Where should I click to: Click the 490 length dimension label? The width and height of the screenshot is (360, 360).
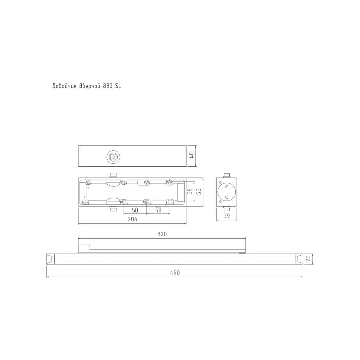[x=175, y=273]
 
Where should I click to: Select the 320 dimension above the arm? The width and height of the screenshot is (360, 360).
[x=162, y=234]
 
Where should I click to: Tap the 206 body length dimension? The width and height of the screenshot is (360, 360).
[x=132, y=219]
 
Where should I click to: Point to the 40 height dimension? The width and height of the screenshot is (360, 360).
[x=192, y=155]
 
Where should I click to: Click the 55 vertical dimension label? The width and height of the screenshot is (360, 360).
[x=199, y=191]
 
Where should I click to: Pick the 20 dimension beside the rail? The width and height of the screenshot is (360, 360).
[x=309, y=258]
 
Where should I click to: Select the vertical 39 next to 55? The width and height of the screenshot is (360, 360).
[x=190, y=191]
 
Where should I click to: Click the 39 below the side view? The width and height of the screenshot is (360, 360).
[x=226, y=216]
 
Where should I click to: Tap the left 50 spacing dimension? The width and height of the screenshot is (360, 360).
[x=135, y=210]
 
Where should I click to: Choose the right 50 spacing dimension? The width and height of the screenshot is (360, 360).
[x=158, y=210]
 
